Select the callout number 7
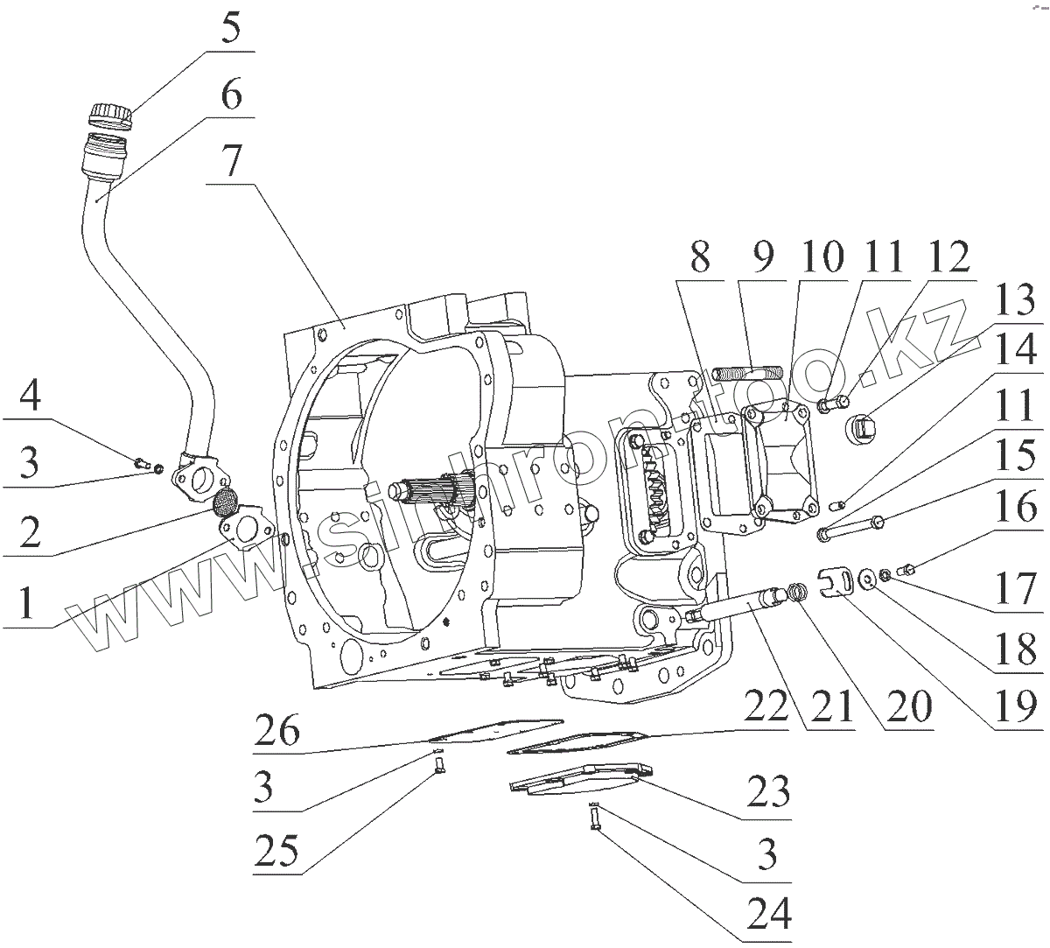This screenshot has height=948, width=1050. pyautogui.click(x=228, y=164)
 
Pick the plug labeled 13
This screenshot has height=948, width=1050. pyautogui.click(x=865, y=430)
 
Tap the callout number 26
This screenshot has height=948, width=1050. pyautogui.click(x=277, y=730)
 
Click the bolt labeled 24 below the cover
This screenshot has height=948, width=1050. pyautogui.click(x=595, y=820)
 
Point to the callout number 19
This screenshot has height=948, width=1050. pyautogui.click(x=1016, y=705)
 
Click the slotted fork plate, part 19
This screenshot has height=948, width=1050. pyautogui.click(x=839, y=582)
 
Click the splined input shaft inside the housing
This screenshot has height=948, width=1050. pyautogui.click(x=433, y=490)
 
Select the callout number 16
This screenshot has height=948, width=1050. pyautogui.click(x=1016, y=509)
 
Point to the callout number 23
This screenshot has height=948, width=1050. pyautogui.click(x=769, y=793)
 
